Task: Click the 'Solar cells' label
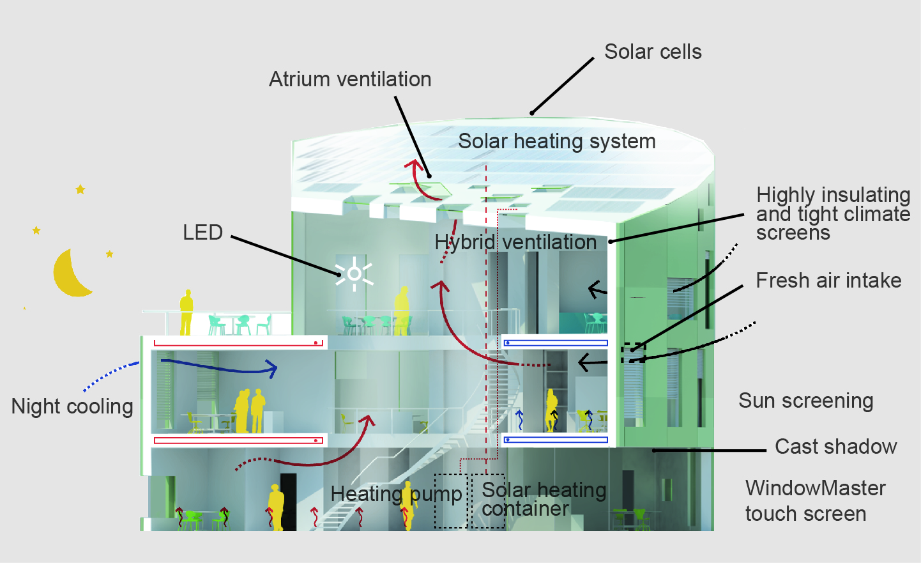653,52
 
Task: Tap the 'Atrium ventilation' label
350,79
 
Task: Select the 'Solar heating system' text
556,141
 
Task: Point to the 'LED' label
202,233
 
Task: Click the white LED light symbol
354,275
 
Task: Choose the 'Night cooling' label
72,406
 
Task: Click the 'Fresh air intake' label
828,281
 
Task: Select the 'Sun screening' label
805,401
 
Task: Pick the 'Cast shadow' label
835,447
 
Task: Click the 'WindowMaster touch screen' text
814,501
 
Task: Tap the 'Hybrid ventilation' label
515,242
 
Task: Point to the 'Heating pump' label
396,494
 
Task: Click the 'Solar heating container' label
544,499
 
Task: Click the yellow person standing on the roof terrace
186,312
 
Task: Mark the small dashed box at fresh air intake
633,353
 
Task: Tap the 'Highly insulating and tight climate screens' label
833,213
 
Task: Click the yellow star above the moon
80,189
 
